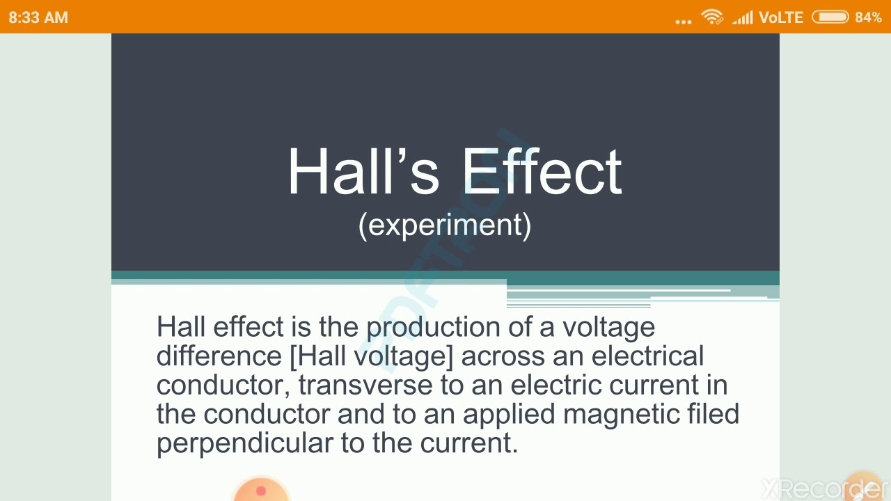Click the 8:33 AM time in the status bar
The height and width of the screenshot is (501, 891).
38,17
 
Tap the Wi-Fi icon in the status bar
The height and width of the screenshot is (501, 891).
712,17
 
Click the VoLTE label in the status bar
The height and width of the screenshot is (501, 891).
781,17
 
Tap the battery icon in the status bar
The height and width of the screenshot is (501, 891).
830,17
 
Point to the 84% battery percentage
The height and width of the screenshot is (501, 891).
868,17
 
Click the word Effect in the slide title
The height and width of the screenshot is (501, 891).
541,172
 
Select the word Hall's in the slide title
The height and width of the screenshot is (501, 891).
363,172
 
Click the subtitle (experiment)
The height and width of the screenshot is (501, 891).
445,225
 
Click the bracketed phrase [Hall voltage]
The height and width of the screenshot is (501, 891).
371,356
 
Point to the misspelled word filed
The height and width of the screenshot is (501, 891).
713,414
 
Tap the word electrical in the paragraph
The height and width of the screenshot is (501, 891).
647,356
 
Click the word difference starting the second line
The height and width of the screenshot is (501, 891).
219,356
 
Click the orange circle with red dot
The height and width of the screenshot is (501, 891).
260,490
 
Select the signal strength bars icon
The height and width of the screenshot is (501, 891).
742,17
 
